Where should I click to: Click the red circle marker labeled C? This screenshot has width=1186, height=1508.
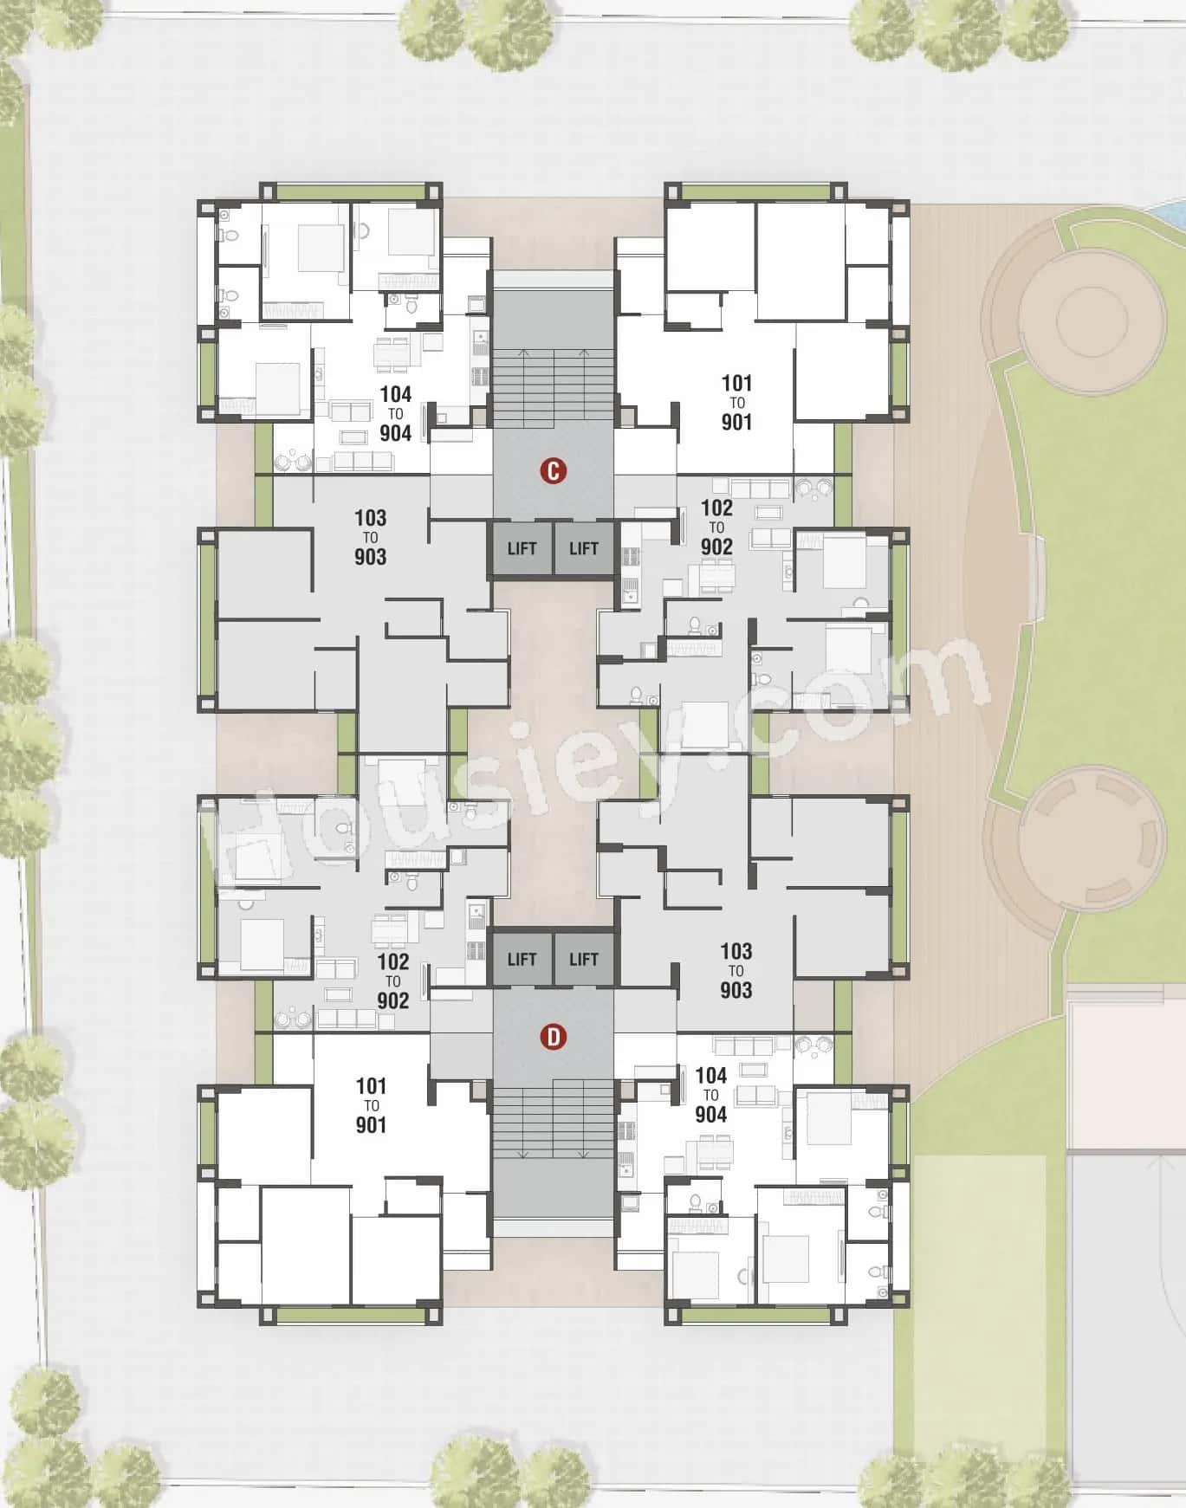coord(553,472)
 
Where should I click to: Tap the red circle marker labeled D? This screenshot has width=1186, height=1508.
coord(553,1037)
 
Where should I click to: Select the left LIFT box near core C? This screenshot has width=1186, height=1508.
coord(522,548)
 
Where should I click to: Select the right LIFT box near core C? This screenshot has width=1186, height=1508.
coord(584,548)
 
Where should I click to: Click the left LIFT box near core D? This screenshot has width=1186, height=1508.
coord(522,959)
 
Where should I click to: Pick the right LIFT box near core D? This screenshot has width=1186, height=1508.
coord(584,959)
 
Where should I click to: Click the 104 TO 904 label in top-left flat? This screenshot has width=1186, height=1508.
coord(395,413)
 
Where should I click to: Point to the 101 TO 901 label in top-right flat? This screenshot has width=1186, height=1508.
coord(736,402)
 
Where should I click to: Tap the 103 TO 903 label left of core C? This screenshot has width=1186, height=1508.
coord(370,537)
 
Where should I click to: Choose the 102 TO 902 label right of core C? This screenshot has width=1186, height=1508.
coord(716,527)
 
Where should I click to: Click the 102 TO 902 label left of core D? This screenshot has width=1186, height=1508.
coord(392,981)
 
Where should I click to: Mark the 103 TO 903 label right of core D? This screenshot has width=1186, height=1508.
coord(736,970)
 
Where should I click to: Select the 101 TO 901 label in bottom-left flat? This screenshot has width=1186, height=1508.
coord(371,1105)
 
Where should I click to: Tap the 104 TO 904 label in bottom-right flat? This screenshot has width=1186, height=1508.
coord(710,1095)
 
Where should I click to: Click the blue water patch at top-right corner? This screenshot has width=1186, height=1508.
coord(1172,210)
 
